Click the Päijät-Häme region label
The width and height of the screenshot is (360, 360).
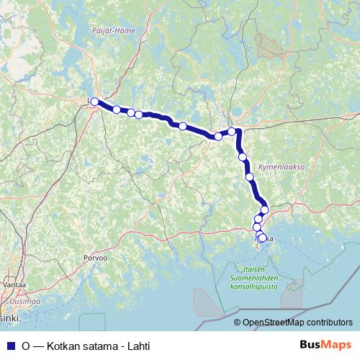[114, 30]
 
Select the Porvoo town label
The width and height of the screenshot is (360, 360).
[95, 257]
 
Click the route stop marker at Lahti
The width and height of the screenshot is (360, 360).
[94, 102]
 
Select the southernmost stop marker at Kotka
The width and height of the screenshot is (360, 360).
[262, 238]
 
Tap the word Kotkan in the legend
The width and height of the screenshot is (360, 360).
[63, 346]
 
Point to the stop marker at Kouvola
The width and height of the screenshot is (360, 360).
[232, 131]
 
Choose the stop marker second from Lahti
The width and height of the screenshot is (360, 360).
[117, 109]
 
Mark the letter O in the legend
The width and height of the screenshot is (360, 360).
[26, 346]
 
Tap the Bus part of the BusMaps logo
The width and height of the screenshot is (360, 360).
[312, 345]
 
